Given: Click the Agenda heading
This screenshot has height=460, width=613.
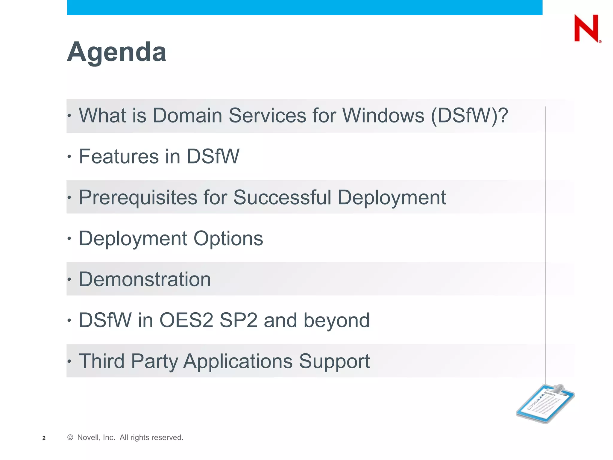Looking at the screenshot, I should click(x=116, y=52).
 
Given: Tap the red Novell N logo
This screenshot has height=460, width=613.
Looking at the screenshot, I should click(x=586, y=28).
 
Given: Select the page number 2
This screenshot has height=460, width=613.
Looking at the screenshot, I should click(x=44, y=438).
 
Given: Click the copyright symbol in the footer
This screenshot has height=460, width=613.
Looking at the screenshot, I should click(x=70, y=438).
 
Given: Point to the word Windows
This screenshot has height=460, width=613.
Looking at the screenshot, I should click(x=383, y=115).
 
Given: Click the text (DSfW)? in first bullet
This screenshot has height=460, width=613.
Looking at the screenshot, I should click(x=469, y=115).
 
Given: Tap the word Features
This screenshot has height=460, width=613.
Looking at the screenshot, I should click(x=119, y=156).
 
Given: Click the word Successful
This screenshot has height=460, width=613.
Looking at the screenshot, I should click(x=282, y=197).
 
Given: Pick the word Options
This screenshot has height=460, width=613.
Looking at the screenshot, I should click(x=228, y=238).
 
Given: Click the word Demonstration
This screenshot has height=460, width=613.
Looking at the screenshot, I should click(x=145, y=279).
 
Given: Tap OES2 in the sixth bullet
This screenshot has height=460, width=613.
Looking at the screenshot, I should click(x=186, y=320).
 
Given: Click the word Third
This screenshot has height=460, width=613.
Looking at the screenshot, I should click(x=101, y=361).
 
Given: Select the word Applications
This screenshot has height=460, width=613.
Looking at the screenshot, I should click(x=238, y=361).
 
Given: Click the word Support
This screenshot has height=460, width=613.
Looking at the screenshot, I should click(x=334, y=361).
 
